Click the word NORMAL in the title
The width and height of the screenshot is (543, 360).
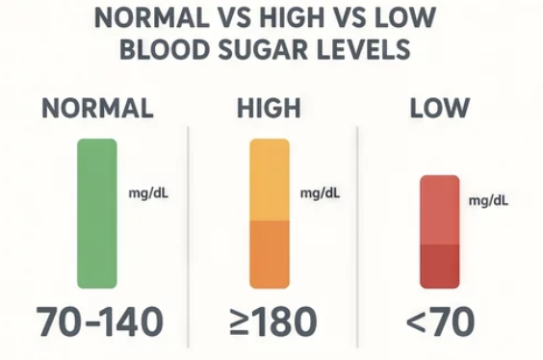click(x=152, y=17)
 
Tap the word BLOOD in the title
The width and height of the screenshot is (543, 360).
click(x=165, y=49)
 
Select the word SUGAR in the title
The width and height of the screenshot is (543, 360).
click(x=263, y=49)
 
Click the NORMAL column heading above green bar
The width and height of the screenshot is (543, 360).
click(x=97, y=109)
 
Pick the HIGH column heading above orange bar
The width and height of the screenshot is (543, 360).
click(x=269, y=109)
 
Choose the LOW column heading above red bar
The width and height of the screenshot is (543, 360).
click(x=440, y=109)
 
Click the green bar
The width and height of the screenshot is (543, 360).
click(x=97, y=214)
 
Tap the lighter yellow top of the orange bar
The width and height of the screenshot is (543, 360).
click(x=270, y=180)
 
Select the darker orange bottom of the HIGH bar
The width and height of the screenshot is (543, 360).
click(x=270, y=255)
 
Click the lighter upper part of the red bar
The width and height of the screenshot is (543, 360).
click(x=440, y=210)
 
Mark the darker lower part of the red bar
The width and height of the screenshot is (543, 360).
click(x=440, y=267)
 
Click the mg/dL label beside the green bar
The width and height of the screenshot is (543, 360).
click(x=148, y=193)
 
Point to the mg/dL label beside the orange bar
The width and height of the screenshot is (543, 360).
click(x=320, y=193)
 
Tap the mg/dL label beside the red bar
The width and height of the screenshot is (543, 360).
click(x=488, y=201)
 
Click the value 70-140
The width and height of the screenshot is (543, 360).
click(x=100, y=321)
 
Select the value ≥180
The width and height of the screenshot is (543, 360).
click(x=273, y=321)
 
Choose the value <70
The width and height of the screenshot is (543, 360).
click(x=440, y=321)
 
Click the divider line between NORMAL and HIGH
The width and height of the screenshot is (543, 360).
click(x=188, y=237)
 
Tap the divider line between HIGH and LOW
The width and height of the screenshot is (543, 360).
click(x=357, y=237)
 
